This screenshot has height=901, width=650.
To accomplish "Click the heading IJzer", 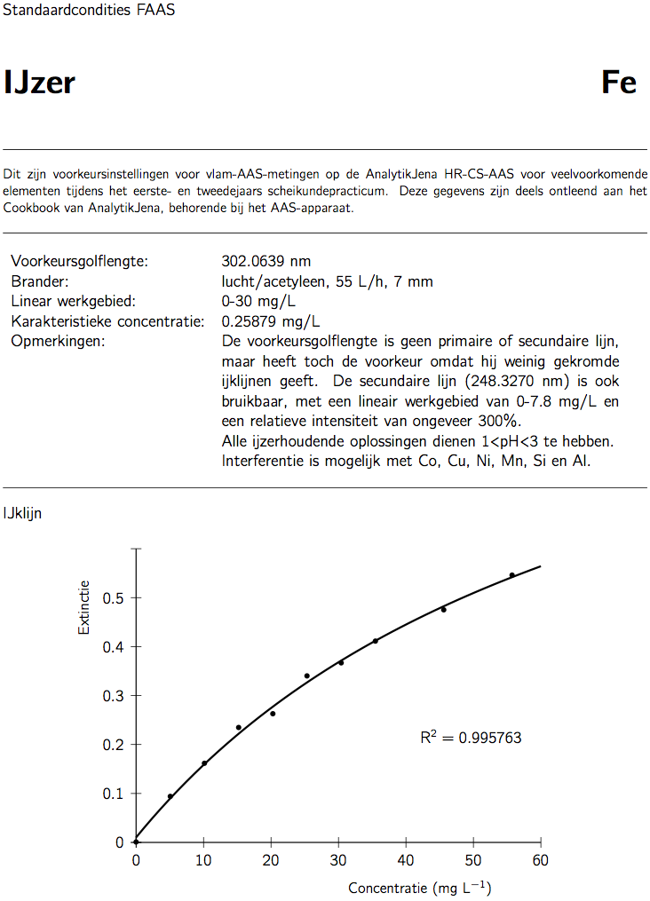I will pos(39,83).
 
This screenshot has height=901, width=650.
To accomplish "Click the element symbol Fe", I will pos(619,83).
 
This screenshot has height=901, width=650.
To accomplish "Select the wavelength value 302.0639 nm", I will pos(266,261).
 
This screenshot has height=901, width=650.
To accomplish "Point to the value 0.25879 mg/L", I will pos(271,320).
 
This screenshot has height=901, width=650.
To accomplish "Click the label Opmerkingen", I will pos(58,341).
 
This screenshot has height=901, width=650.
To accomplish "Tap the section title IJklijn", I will pos(23,513).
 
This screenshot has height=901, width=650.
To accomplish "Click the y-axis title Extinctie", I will pos(84,607).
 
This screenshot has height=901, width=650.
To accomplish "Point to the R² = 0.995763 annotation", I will pos(471,737).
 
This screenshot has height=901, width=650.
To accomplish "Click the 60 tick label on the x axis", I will pos(540,860).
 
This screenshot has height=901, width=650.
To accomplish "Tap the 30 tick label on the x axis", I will pos(338,860).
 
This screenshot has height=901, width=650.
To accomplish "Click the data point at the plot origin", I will pos(136,842).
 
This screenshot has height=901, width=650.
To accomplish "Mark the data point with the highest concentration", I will pos(512,575).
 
